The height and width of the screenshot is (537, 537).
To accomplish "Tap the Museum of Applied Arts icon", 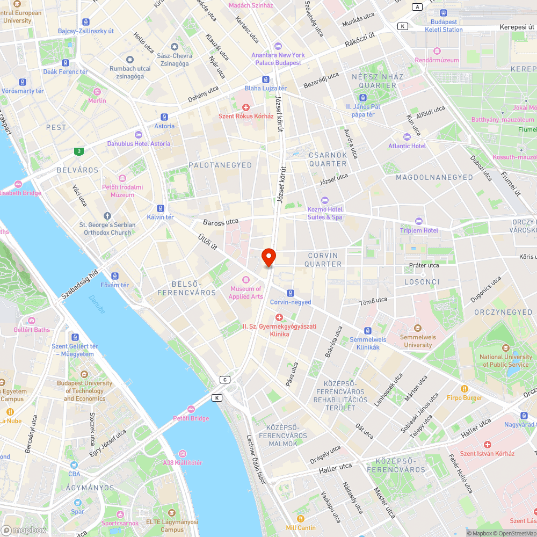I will [x=246, y=280].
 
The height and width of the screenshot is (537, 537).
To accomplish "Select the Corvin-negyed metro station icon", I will [x=290, y=293].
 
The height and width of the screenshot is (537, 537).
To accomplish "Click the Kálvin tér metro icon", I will [x=160, y=208].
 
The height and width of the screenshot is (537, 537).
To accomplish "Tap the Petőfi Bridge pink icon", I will [x=191, y=409].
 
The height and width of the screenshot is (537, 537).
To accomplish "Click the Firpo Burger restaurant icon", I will [x=465, y=389].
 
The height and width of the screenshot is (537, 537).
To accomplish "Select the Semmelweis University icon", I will [x=417, y=328].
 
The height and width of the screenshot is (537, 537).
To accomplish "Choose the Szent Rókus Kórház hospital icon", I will [x=246, y=107].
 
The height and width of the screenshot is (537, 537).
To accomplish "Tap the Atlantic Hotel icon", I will [x=407, y=137].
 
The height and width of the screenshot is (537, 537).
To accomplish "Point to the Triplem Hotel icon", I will [x=419, y=221].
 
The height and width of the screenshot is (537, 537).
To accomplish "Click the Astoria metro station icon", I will [x=164, y=117].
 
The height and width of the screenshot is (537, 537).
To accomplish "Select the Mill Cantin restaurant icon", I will [x=300, y=519].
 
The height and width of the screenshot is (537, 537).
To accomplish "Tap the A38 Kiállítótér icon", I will [x=182, y=454].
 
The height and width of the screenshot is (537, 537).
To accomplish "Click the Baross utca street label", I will [x=221, y=221].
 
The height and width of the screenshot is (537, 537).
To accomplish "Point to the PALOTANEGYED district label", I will [x=220, y=165].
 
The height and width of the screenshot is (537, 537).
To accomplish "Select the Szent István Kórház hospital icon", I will [x=487, y=445].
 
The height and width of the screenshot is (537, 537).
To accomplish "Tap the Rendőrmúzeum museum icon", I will [x=437, y=51].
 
